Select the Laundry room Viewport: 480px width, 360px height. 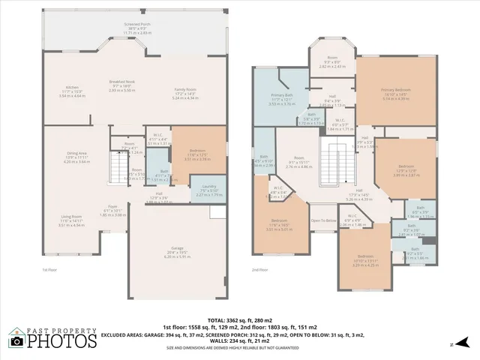coord(208,190)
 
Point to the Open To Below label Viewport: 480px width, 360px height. coord(323,221)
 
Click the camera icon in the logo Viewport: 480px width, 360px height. coord(16,342)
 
